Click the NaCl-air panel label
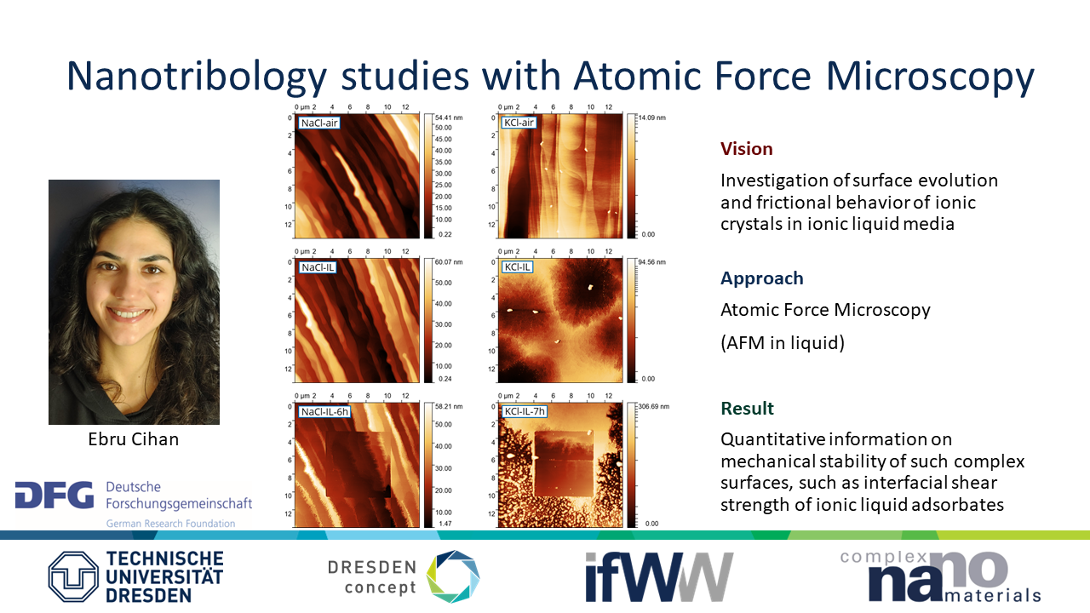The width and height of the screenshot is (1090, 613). (318, 123)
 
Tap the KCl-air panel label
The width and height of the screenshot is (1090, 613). (519, 123)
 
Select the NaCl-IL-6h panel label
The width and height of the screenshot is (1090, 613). (324, 411)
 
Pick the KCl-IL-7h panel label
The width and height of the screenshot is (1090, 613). (525, 411)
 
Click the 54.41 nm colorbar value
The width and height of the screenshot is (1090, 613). (449, 117)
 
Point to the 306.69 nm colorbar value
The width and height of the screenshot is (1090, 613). (653, 406)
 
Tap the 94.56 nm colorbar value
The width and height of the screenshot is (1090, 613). (652, 261)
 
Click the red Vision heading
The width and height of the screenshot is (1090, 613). (747, 149)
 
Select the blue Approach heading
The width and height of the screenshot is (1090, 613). (762, 278)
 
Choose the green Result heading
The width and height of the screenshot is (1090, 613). (747, 408)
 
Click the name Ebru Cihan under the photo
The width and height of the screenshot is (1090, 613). (134, 439)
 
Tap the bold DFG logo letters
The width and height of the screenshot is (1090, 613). (54, 495)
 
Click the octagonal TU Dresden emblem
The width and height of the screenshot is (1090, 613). (73, 576)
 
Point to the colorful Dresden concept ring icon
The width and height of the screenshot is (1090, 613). (453, 576)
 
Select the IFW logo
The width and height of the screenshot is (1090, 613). (659, 577)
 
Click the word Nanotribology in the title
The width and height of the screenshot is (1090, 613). (197, 77)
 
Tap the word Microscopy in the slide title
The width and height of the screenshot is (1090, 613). (930, 77)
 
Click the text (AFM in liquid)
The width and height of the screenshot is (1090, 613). (783, 343)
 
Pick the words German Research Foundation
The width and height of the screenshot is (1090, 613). (171, 524)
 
